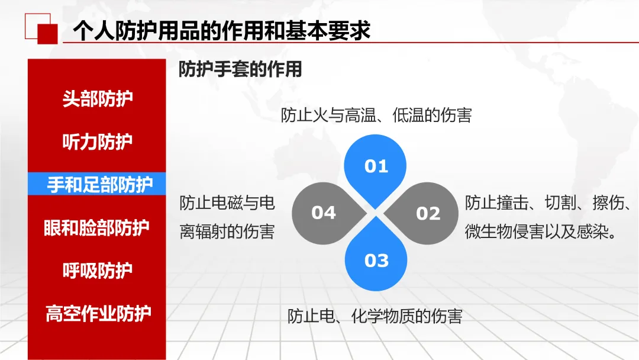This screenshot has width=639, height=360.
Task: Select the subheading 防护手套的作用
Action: coord(240,69)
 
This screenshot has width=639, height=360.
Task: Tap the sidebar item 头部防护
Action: coord(98,99)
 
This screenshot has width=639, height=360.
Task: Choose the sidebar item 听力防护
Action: coord(98,142)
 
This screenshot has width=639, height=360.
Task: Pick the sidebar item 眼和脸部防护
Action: coord(98,228)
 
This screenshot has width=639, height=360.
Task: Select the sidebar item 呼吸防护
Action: coord(98,271)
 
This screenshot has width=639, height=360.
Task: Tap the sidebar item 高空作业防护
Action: coord(98,313)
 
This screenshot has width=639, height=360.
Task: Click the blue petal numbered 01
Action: coord(376,166)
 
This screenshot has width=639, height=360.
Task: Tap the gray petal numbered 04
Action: coord(325,213)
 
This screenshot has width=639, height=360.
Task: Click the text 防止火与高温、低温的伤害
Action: coord(376,115)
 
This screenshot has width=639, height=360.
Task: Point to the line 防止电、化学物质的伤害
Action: coord(375,316)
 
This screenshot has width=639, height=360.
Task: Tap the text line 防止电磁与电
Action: coord(227,203)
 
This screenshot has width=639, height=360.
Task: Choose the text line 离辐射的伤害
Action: coord(227,232)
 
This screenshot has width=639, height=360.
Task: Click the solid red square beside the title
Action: coord(47,34)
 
